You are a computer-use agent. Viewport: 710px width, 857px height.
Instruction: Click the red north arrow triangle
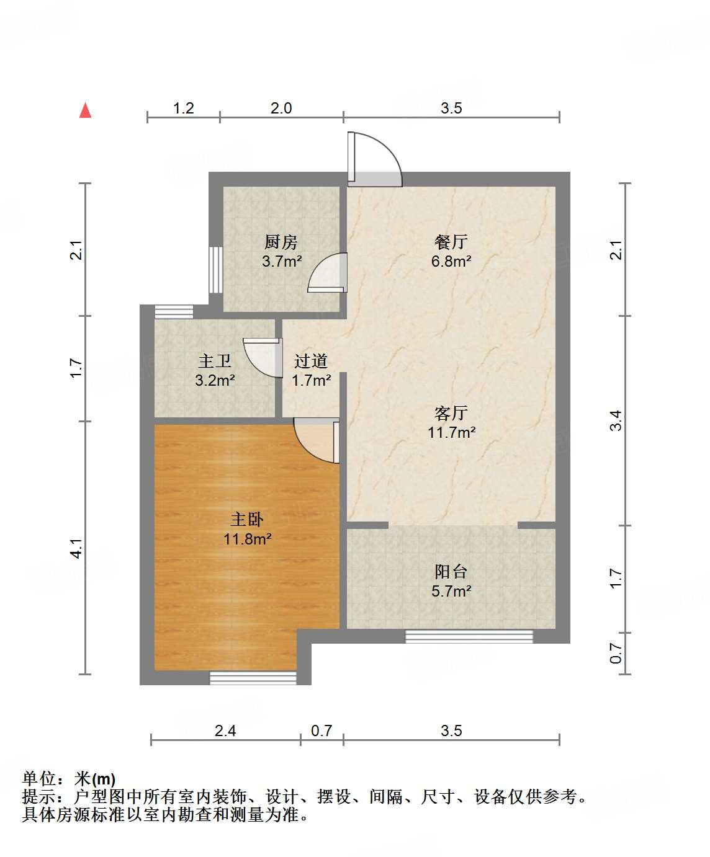[86, 110]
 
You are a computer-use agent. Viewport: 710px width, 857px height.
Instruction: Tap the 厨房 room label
[281, 242]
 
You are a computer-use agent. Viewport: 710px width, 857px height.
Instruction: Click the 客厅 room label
[451, 413]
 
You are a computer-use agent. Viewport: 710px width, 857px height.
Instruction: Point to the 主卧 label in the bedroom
[247, 520]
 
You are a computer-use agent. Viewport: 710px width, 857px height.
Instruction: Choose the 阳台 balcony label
[451, 572]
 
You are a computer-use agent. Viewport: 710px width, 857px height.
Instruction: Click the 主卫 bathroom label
[215, 361]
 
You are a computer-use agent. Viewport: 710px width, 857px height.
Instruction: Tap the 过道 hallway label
[311, 361]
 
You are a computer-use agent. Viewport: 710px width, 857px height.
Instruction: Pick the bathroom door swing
[262, 357]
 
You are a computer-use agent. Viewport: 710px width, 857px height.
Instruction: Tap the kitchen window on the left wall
[215, 270]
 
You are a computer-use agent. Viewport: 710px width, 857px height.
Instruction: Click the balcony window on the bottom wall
[469, 636]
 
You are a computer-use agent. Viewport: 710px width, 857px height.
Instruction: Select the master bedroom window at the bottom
[253, 678]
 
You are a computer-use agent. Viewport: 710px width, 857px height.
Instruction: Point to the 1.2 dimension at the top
[183, 109]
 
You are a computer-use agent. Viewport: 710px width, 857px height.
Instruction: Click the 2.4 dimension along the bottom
[225, 731]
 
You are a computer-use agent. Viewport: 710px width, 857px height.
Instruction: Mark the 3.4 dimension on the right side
[615, 420]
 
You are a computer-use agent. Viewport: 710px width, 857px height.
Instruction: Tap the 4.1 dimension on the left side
[76, 548]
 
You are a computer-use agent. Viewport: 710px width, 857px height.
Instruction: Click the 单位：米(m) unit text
[69, 779]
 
